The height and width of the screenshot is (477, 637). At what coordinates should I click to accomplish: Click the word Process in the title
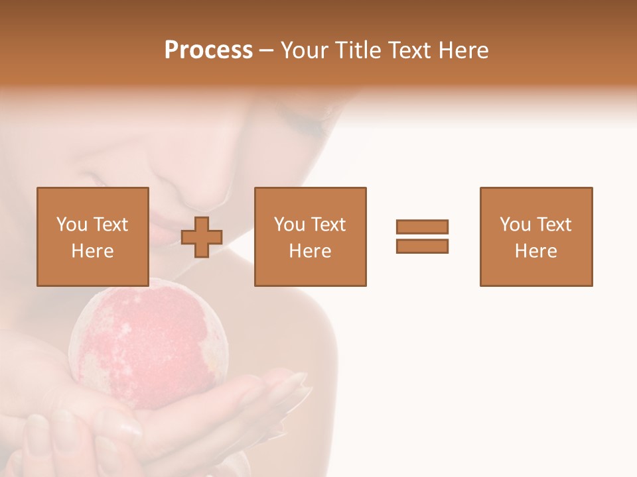click(208, 50)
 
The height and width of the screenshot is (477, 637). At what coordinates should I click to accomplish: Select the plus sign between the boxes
click(202, 237)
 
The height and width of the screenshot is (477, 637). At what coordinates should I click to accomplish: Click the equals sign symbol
click(422, 237)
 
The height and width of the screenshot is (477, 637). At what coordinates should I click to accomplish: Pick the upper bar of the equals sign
click(422, 227)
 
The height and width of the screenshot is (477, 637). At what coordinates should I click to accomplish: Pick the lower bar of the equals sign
click(422, 246)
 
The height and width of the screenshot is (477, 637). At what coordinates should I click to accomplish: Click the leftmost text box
click(93, 237)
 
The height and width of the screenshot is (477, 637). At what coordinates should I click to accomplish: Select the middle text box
click(310, 237)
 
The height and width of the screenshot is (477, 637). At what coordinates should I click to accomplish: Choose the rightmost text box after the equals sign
click(536, 237)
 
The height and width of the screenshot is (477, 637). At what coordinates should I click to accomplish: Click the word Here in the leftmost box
click(93, 251)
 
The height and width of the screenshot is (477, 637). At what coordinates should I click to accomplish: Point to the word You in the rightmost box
click(515, 225)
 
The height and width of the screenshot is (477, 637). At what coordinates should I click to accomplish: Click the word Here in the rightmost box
click(536, 251)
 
